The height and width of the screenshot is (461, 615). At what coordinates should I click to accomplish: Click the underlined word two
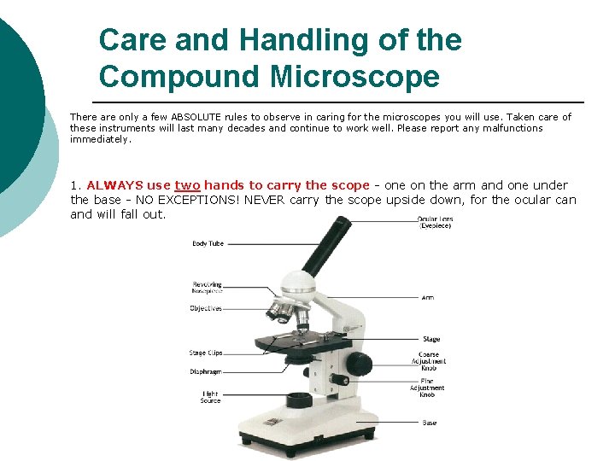(x=187, y=185)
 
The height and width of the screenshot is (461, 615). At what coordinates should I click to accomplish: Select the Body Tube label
(x=208, y=244)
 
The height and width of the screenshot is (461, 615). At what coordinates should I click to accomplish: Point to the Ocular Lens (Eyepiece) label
(x=436, y=222)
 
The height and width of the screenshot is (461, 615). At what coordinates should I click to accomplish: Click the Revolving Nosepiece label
(x=208, y=288)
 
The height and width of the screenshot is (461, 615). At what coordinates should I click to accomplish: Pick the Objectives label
(x=206, y=308)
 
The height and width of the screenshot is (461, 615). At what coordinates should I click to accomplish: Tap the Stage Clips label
(x=205, y=353)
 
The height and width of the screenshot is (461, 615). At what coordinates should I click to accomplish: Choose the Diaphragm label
(x=206, y=371)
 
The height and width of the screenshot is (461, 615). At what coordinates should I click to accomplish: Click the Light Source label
(x=210, y=397)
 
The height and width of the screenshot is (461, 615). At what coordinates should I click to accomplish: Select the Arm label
(x=428, y=297)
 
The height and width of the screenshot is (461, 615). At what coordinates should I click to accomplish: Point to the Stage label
(x=431, y=340)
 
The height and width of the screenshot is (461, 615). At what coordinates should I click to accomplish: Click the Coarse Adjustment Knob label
(x=429, y=361)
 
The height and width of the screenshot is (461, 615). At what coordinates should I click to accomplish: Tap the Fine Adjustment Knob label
(x=427, y=388)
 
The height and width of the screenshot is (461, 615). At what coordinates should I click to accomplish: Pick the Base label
(x=429, y=423)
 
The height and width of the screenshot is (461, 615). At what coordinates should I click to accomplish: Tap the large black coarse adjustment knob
(x=362, y=363)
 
